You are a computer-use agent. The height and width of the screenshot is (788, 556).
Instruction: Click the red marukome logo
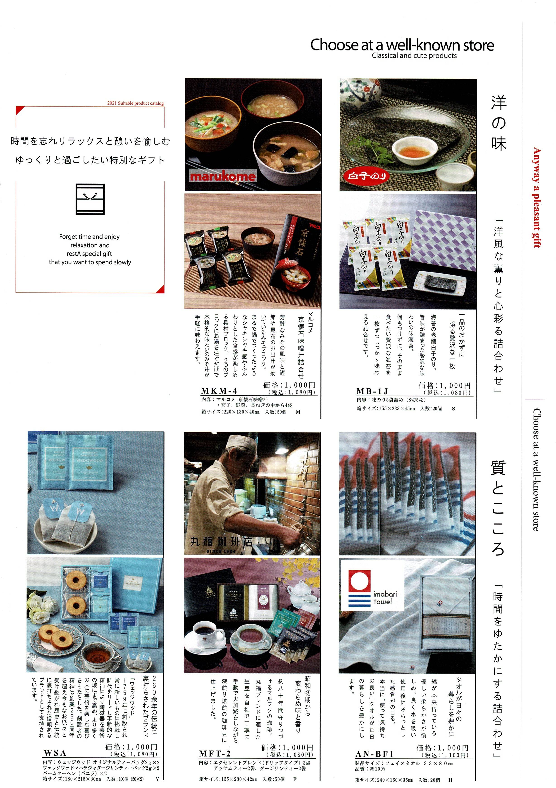coord(222,176)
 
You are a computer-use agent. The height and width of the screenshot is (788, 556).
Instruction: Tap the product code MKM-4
coord(219,391)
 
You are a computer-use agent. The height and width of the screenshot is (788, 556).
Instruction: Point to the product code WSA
coord(55,753)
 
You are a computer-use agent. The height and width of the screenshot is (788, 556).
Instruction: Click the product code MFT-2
coord(215,754)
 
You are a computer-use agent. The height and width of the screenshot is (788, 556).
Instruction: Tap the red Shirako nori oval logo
coord(367,176)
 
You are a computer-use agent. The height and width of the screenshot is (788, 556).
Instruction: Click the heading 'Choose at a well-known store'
coord(402,45)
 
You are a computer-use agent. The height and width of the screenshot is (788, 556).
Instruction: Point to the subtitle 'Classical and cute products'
coord(414,56)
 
